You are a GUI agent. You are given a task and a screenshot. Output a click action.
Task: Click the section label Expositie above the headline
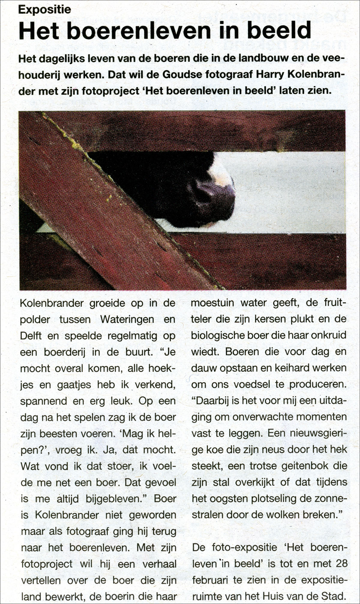[x=45, y=10]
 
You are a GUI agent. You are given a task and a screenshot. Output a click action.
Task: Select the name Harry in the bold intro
[x=269, y=74]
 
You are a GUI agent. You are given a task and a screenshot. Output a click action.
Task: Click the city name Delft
[x=31, y=336]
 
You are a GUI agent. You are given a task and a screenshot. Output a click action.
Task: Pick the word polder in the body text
[x=35, y=319]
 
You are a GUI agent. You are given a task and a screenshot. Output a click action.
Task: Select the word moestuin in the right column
[x=212, y=303]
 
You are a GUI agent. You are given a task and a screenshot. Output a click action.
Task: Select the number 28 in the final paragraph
[x=341, y=564]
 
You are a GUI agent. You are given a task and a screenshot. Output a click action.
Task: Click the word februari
[x=213, y=580]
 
